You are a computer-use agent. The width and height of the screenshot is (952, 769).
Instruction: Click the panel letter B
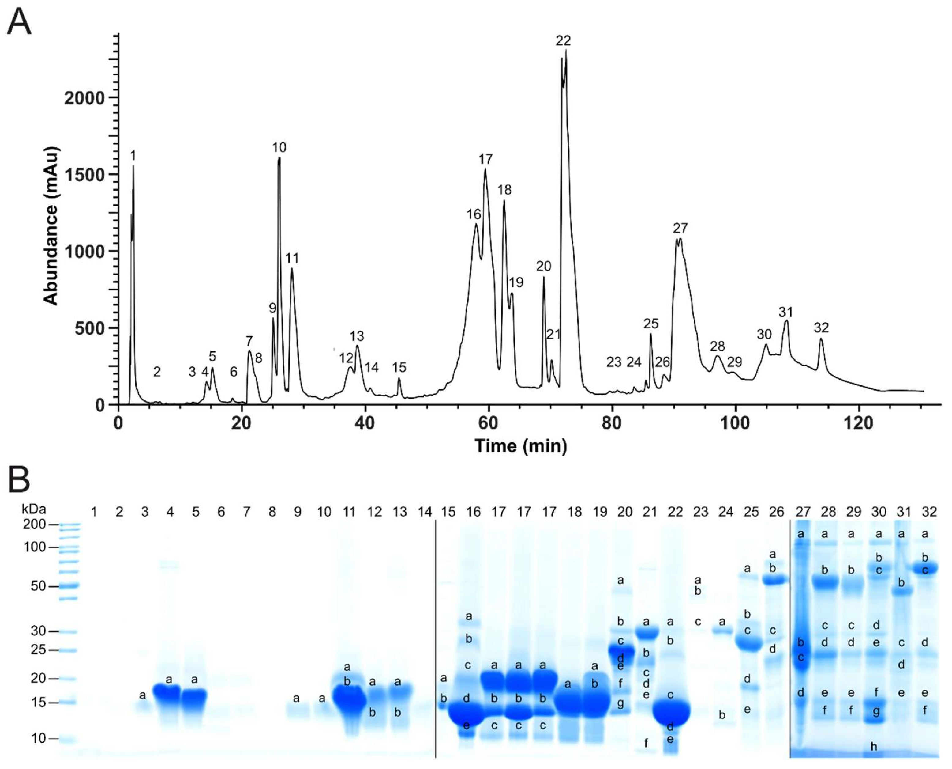coord(19,480)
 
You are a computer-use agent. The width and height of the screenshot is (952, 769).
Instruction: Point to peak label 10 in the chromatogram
coord(279,147)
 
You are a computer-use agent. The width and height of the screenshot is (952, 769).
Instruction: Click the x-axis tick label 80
coord(611,423)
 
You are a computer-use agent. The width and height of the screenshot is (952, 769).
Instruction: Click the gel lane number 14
coord(425,512)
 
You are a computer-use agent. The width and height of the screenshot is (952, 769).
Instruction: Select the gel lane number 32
coord(929,512)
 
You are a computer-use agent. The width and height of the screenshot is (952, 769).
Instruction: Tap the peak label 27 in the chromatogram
coord(680,228)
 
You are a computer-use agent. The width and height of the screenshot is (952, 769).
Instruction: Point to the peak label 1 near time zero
coord(133,156)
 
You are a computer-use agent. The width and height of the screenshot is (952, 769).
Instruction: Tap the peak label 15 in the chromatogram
coord(399,367)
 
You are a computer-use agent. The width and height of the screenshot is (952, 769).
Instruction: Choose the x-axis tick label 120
coord(858,423)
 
